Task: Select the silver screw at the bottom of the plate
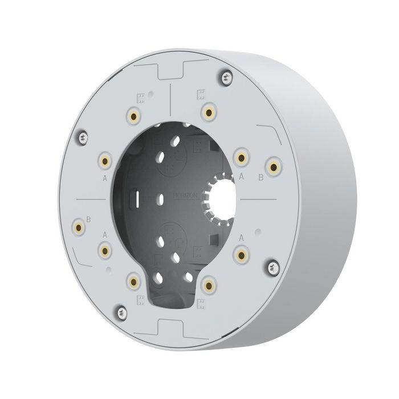[121, 311]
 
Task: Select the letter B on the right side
[260, 178]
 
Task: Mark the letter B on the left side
[88, 218]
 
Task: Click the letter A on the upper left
[105, 177]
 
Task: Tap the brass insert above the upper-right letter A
[241, 157]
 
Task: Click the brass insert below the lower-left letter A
[105, 249]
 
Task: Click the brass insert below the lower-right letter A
[242, 254]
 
